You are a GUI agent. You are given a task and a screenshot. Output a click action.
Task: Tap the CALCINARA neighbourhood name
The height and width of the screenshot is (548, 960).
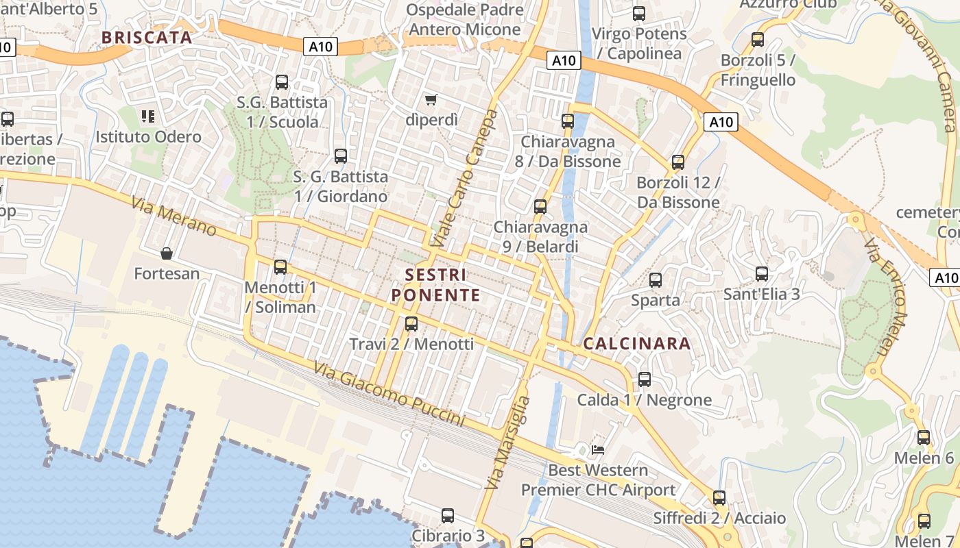click(x=637, y=343)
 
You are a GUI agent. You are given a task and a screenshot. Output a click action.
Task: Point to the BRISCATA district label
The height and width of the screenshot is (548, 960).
click(x=147, y=38)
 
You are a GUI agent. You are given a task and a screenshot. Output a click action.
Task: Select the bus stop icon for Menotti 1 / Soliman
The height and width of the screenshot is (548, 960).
click(x=280, y=267)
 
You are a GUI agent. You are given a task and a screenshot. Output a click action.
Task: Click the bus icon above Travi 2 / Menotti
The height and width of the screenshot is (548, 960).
click(x=411, y=323)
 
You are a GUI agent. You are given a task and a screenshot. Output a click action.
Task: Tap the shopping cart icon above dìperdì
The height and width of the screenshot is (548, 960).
click(x=431, y=100)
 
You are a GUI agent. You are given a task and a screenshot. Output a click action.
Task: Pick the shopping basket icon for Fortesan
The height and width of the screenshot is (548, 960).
click(x=166, y=254)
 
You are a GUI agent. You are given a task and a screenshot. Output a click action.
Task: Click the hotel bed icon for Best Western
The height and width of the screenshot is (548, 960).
click(x=598, y=450)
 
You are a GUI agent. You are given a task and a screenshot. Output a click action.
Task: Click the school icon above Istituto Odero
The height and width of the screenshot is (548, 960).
click(x=147, y=116)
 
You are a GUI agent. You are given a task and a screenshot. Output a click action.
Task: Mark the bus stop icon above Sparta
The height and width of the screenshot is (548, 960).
click(x=656, y=279)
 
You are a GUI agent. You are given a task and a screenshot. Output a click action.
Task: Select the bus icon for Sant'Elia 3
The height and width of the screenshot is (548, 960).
click(x=762, y=274)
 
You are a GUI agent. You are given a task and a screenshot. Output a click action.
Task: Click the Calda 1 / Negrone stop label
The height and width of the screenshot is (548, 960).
click(x=645, y=400)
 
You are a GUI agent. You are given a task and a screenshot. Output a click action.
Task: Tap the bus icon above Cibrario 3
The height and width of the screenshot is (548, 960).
click(x=448, y=515)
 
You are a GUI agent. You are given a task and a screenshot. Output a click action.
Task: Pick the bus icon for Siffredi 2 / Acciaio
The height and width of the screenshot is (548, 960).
click(x=719, y=498)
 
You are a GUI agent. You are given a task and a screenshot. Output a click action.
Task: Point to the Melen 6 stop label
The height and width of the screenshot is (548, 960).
click(x=924, y=458)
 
